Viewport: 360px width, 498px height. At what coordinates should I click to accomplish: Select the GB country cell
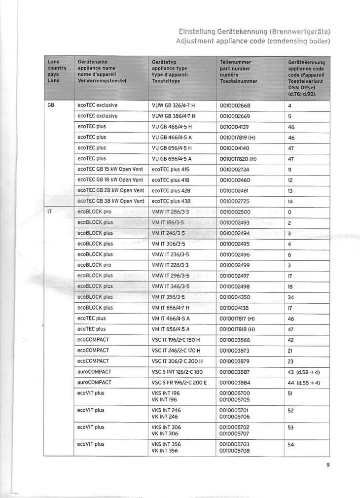tap(51, 105)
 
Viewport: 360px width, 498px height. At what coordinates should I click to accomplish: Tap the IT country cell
tap(50, 212)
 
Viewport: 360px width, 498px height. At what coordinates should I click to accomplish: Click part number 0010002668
tap(235, 105)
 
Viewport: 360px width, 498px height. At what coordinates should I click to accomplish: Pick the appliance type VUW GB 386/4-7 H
tap(174, 116)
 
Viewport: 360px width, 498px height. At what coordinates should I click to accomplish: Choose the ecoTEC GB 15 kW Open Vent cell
tap(110, 169)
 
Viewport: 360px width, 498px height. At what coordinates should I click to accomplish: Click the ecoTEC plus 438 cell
tap(171, 201)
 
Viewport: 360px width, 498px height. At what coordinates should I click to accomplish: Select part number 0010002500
tap(235, 212)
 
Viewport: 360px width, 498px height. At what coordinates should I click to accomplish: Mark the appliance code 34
tap(291, 297)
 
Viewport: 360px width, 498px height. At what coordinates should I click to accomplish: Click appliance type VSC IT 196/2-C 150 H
tap(176, 340)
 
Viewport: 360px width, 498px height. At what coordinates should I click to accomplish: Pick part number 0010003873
tap(235, 351)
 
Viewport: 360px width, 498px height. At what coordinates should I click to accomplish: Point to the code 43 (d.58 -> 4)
tap(304, 372)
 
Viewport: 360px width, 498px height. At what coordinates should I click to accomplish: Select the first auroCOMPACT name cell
tap(94, 372)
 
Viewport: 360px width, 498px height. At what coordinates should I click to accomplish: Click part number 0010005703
tap(235, 444)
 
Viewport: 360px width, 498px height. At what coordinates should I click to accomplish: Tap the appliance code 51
tap(291, 393)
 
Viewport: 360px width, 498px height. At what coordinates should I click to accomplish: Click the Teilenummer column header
tap(235, 62)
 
